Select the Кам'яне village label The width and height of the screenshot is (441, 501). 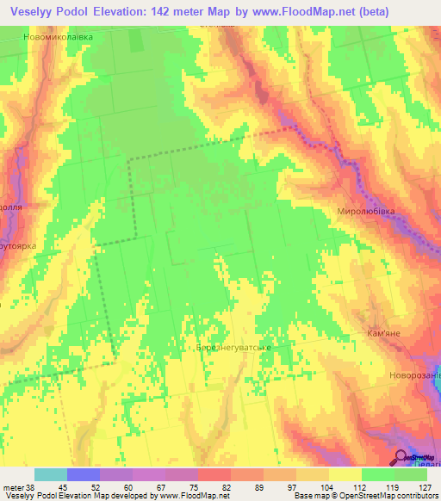[384, 333]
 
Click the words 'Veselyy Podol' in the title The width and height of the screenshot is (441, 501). [50, 12]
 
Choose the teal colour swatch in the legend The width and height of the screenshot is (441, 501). [51, 474]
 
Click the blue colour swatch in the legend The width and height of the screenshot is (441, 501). [84, 474]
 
